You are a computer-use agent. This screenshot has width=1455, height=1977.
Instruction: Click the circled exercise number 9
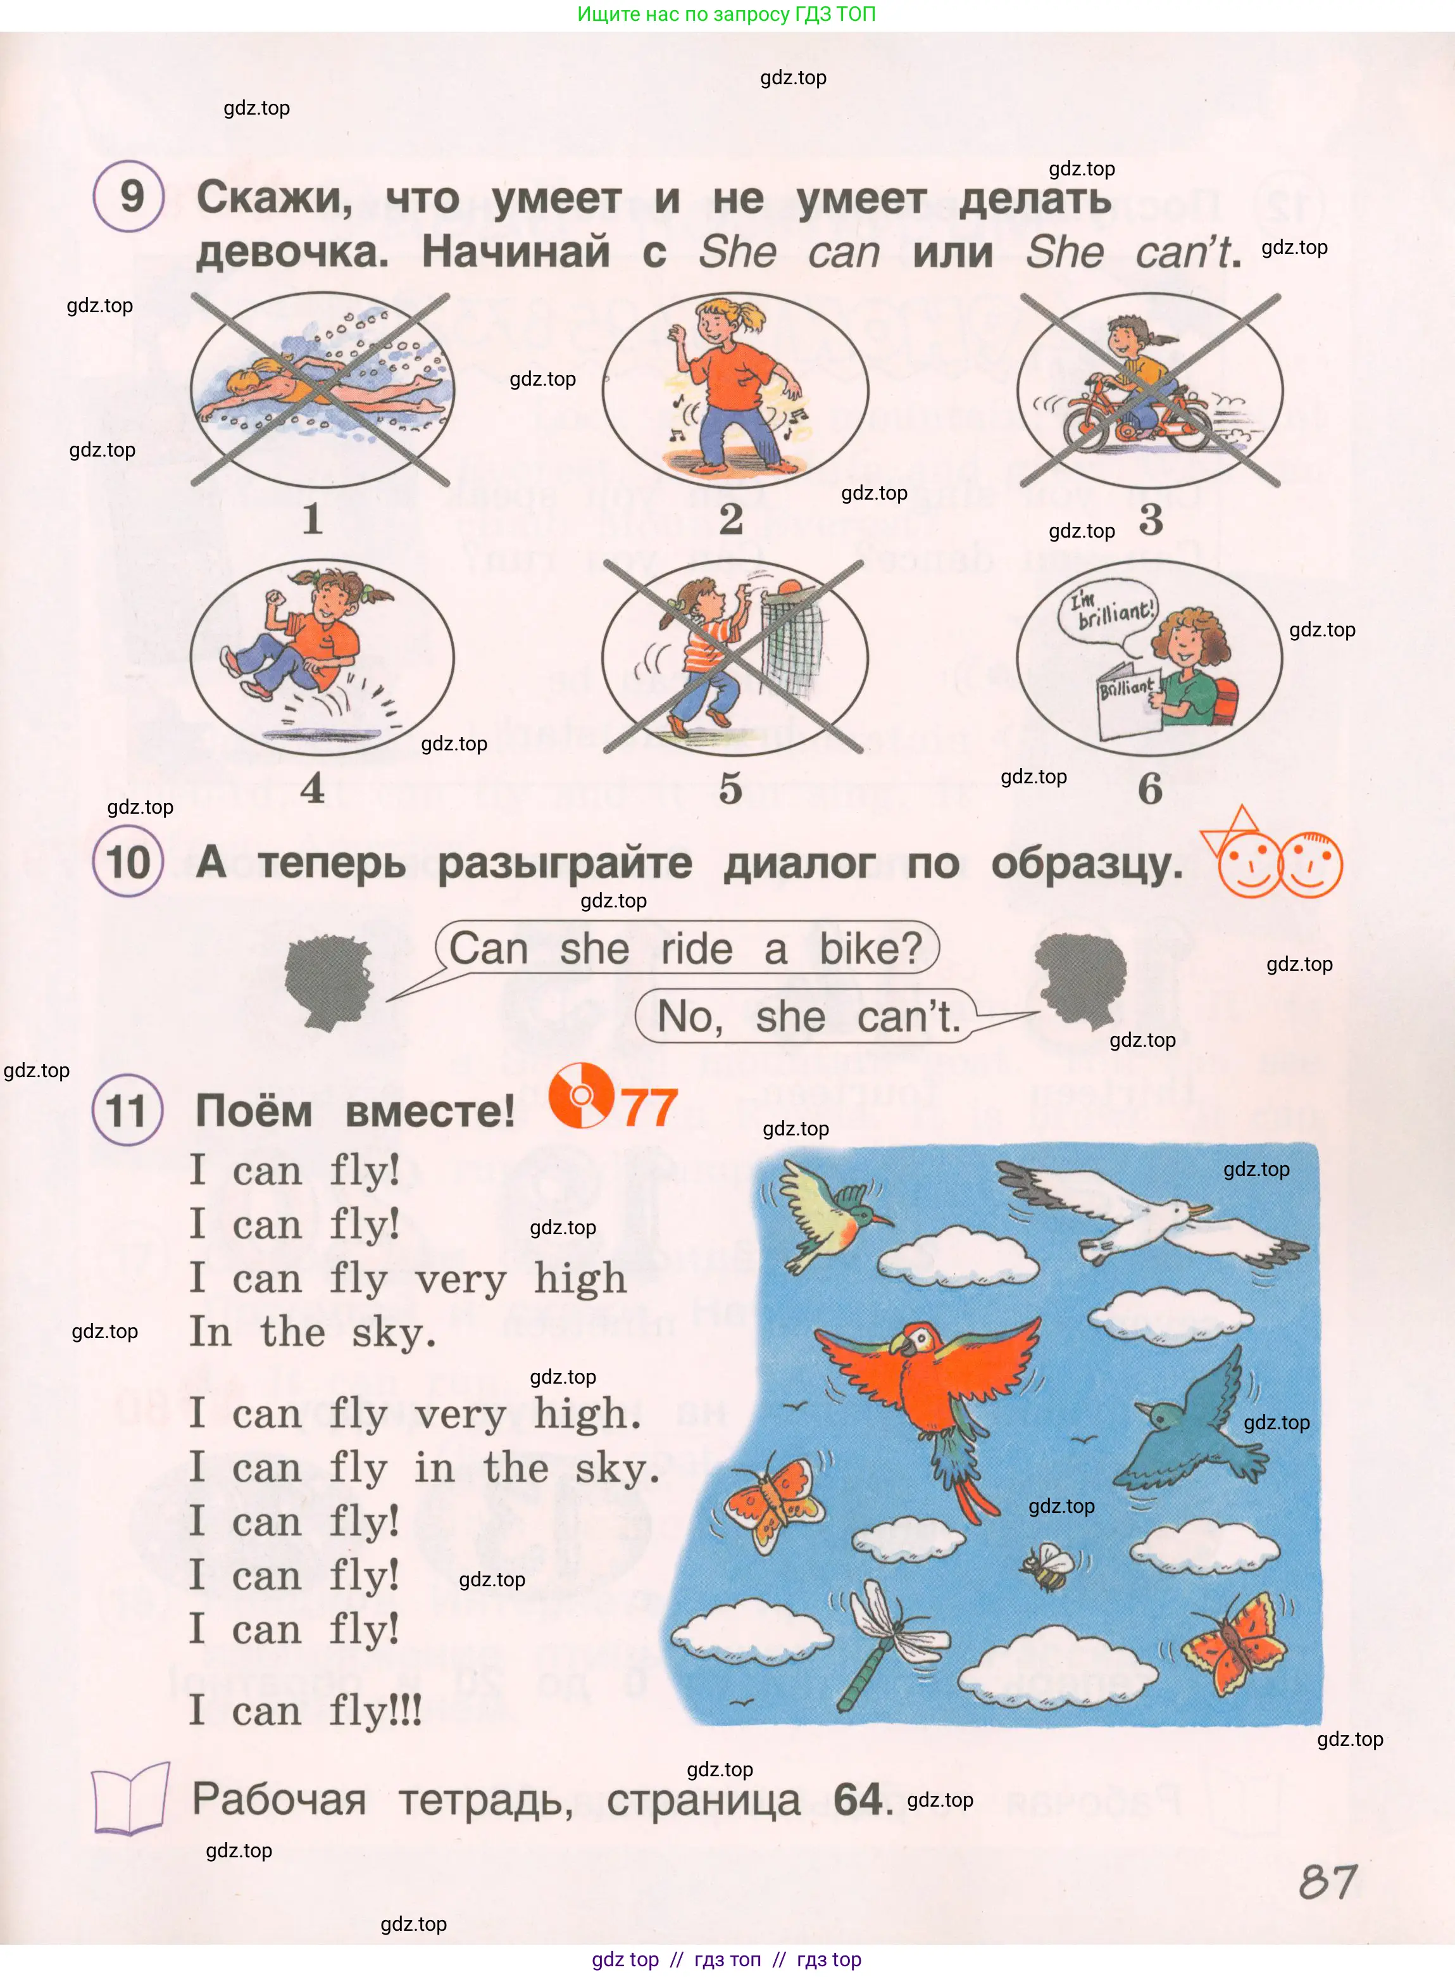[128, 196]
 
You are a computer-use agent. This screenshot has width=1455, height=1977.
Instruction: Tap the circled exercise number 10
[128, 862]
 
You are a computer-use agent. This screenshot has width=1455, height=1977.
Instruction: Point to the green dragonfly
[886, 1639]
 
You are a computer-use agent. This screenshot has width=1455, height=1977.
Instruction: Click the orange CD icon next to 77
[580, 1095]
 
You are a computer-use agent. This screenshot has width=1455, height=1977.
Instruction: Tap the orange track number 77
[649, 1108]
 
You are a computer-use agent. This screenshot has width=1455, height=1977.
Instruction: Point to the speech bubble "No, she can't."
[807, 1017]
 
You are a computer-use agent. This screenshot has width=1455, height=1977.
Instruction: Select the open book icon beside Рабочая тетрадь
[131, 1799]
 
